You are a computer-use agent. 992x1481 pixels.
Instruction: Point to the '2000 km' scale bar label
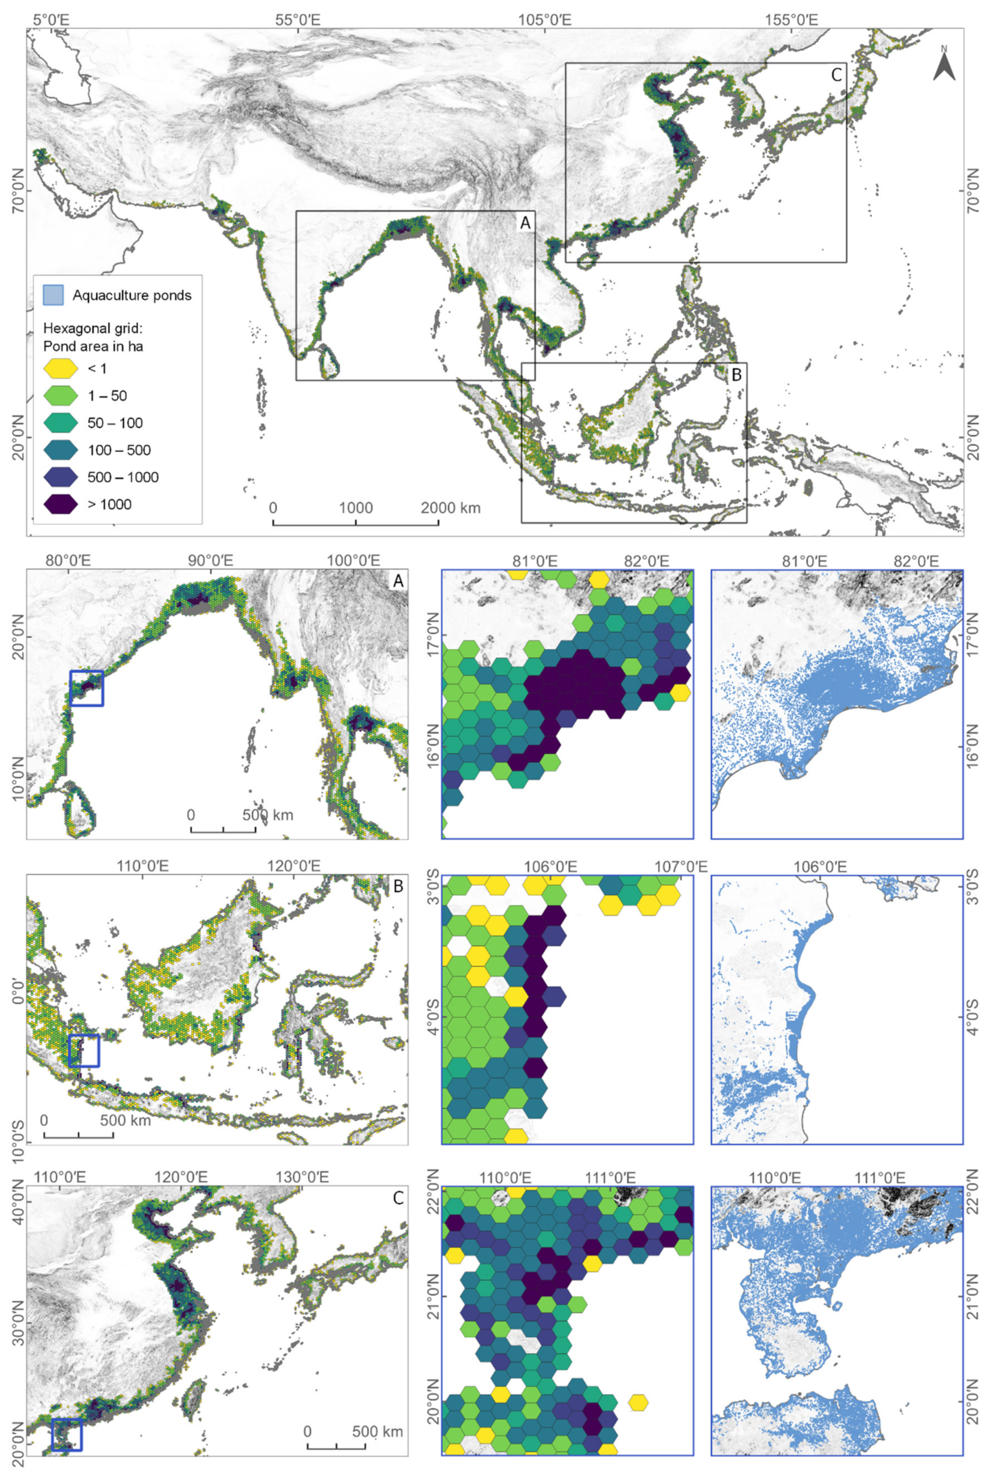tap(450, 507)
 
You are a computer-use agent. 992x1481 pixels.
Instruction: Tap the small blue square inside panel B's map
tap(83, 1051)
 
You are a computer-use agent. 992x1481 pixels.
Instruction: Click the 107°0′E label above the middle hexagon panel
tap(675, 867)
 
